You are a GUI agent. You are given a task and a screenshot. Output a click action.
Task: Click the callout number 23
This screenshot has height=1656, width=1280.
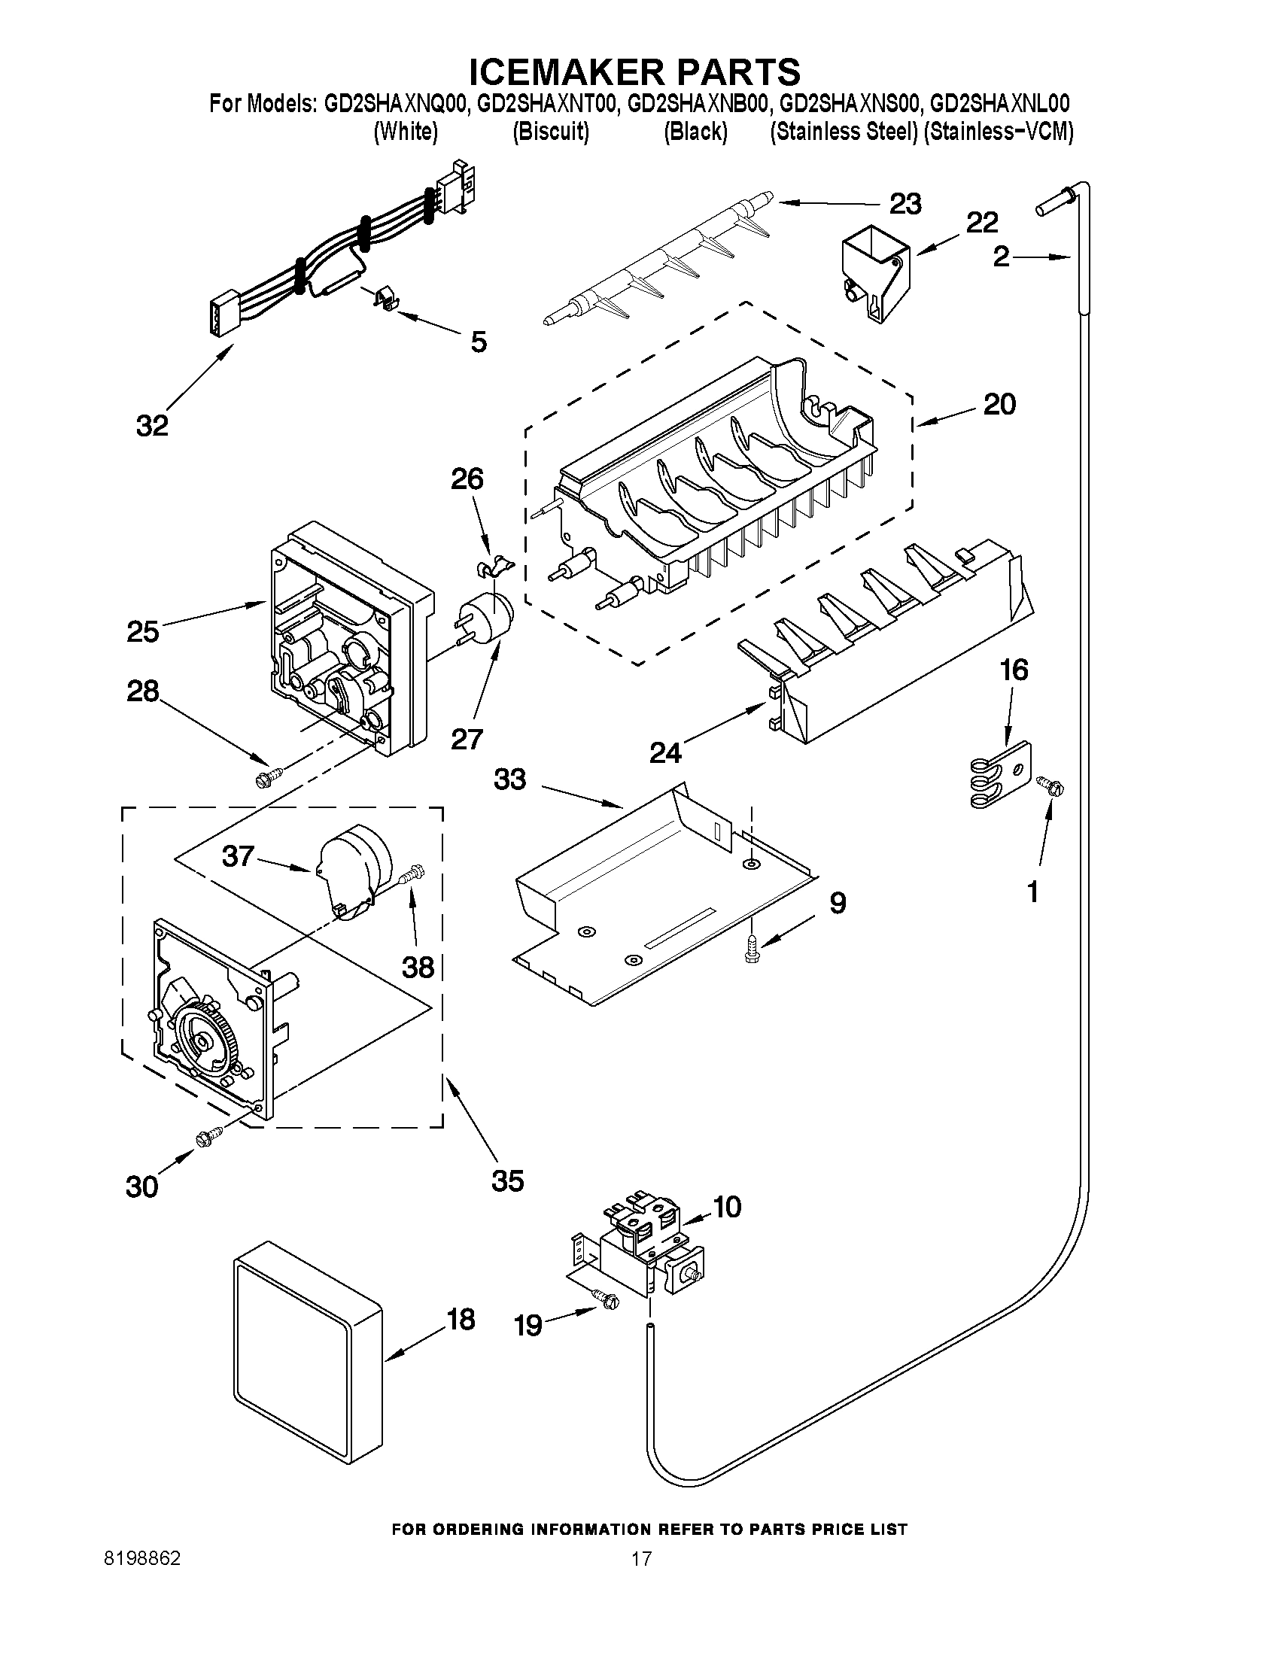[905, 204]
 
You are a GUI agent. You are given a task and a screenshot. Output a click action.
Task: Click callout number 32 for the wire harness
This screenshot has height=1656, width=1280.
[152, 425]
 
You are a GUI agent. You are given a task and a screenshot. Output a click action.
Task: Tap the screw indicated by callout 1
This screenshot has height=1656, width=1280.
[1052, 785]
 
